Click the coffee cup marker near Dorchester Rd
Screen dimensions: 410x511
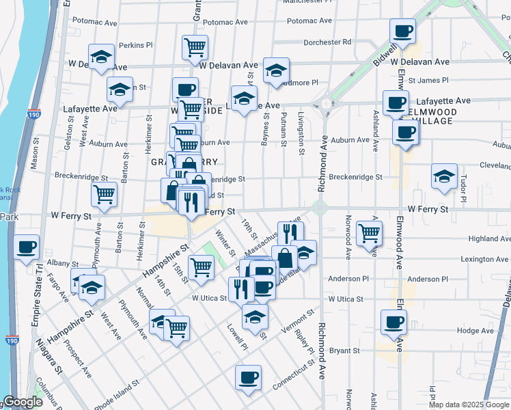point(402,31)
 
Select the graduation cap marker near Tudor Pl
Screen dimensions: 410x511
point(444,176)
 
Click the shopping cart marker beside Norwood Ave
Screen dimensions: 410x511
point(370,234)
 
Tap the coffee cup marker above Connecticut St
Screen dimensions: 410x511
point(248,377)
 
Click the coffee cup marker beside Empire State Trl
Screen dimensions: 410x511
point(27,247)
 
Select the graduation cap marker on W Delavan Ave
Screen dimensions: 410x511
point(276,70)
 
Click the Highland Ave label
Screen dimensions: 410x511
point(490,239)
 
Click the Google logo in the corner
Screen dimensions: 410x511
point(23,402)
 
